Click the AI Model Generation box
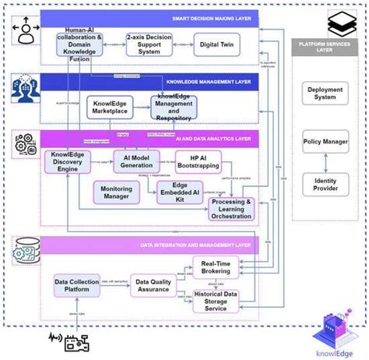click(137, 161)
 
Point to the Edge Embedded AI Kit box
click(181, 192)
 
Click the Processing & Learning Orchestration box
click(230, 208)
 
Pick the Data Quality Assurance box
click(153, 286)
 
